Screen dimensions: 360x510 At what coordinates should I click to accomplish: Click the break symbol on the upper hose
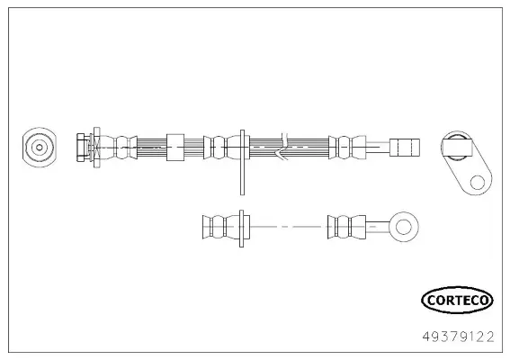tap(282, 146)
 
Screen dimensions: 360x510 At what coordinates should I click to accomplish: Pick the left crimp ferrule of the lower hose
tap(216, 226)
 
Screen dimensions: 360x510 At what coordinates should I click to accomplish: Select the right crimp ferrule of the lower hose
tap(342, 226)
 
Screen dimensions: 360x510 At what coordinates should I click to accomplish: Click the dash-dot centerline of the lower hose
tap(288, 226)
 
